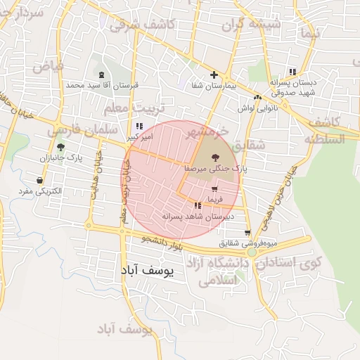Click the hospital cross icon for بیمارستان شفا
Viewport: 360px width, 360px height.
tap(214, 75)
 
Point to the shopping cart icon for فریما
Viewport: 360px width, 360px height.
tap(214, 190)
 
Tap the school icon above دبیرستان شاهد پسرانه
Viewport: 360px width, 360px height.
tap(198, 205)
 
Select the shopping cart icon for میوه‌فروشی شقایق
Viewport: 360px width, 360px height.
tap(247, 233)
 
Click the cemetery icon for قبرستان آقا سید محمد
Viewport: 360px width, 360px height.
tap(103, 75)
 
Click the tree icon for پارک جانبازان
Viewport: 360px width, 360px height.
tap(60, 148)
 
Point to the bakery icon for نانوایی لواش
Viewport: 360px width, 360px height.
tap(257, 98)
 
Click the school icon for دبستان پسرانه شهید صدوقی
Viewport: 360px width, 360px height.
tap(292, 72)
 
